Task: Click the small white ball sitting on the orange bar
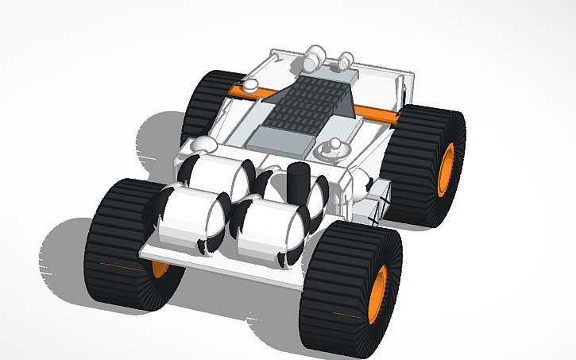click(249, 85)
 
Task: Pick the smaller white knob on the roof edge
click(346, 58)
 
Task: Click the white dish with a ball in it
click(333, 149)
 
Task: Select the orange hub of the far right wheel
click(446, 168)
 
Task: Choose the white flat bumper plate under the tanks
click(222, 263)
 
